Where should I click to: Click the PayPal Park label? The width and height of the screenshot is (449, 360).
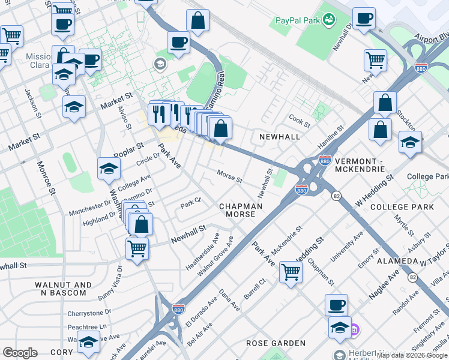tap(297, 20)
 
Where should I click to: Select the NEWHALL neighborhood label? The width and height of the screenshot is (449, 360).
tap(279, 137)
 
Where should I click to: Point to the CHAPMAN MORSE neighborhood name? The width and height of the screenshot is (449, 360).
tap(241, 210)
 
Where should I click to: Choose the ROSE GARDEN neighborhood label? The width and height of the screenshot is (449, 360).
tap(276, 343)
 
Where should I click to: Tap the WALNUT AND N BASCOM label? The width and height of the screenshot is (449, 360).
tap(63, 289)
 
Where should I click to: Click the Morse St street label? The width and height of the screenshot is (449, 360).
tap(229, 179)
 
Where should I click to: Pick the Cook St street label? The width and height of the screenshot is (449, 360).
tap(299, 121)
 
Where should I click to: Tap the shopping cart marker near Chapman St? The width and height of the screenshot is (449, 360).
tap(291, 272)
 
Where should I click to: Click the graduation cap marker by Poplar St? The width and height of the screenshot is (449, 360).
tap(109, 169)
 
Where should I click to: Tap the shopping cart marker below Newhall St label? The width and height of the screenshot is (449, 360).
tap(137, 248)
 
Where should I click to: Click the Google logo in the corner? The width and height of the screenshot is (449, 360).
tap(20, 352)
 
